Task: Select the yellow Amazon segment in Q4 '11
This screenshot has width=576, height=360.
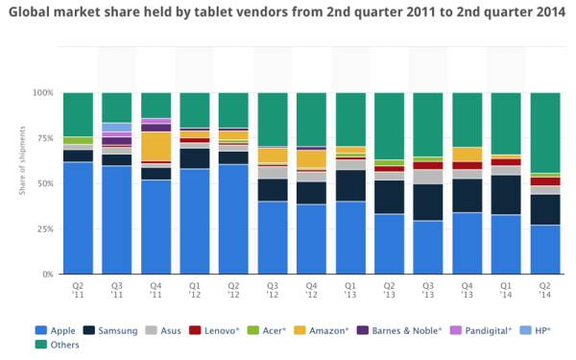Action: coord(156,146)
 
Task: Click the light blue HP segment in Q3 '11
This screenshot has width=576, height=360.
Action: coord(117,127)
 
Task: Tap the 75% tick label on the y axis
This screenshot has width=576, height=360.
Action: coord(42,138)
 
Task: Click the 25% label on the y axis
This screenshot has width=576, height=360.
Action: coord(42,229)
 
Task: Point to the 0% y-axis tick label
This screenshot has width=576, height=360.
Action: coord(45,275)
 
